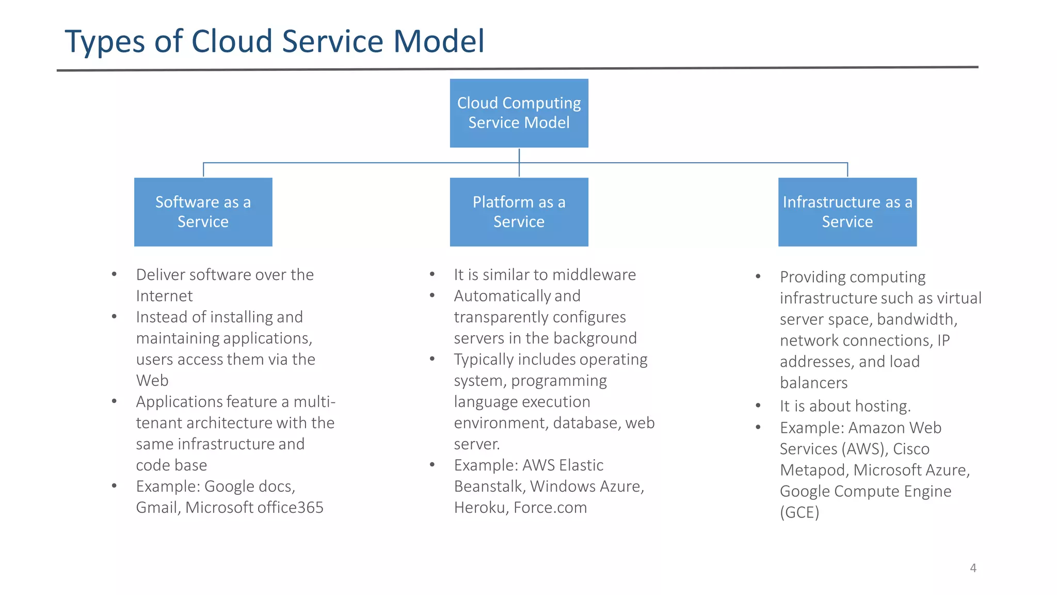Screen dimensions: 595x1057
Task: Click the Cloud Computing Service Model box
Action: point(519,113)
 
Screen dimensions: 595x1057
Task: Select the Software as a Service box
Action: point(203,212)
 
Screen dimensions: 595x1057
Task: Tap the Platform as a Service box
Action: point(519,212)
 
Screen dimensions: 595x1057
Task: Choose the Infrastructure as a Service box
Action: point(847,212)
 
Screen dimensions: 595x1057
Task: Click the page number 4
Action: point(973,568)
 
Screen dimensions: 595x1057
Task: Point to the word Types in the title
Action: point(105,41)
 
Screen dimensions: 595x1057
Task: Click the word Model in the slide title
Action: point(439,41)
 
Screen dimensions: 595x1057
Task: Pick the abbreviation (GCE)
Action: point(799,512)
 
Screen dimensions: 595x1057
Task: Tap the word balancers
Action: point(813,383)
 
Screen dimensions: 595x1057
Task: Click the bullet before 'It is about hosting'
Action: point(758,406)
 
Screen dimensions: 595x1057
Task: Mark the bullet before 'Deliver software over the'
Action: point(114,275)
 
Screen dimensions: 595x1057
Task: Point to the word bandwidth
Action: point(917,320)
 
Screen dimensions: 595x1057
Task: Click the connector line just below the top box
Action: point(519,155)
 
